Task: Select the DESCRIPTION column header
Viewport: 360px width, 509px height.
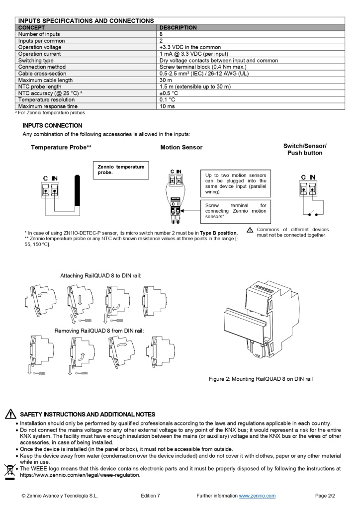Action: click(178, 28)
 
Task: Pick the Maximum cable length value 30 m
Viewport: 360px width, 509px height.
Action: click(166, 80)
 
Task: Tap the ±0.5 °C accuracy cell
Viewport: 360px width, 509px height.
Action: click(170, 93)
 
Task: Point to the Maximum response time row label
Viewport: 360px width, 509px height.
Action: click(48, 106)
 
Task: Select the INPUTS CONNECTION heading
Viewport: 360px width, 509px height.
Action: click(52, 126)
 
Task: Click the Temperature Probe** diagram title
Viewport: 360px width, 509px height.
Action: click(61, 148)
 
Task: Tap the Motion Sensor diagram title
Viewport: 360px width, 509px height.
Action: click(181, 148)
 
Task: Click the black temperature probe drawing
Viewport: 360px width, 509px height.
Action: click(77, 189)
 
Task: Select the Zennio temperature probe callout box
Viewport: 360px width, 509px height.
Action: click(120, 170)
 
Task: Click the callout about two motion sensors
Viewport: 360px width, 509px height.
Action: click(236, 183)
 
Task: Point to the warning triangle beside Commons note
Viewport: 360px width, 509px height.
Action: click(250, 230)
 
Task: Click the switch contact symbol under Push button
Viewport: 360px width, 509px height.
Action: click(313, 214)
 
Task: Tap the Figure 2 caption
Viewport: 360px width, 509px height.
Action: click(261, 379)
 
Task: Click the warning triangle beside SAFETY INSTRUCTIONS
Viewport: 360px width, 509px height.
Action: click(10, 414)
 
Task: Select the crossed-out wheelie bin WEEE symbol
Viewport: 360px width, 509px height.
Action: click(9, 470)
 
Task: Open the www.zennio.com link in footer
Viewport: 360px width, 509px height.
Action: click(257, 496)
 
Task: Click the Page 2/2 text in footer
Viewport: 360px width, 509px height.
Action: click(325, 496)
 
